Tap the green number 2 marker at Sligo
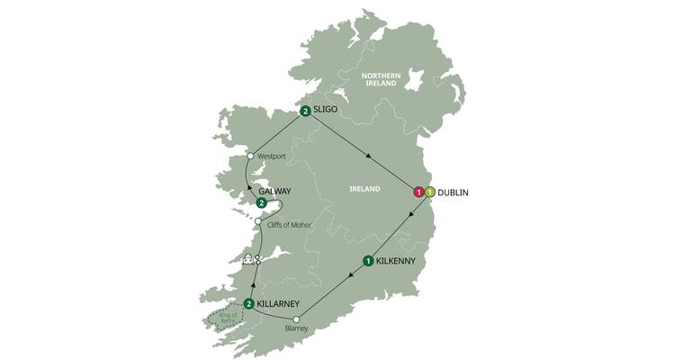click(x=306, y=112)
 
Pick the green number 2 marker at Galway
click(x=260, y=202)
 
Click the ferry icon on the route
click(x=250, y=259)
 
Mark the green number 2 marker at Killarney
click(x=248, y=303)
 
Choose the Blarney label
click(x=295, y=329)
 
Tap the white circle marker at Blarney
click(x=296, y=318)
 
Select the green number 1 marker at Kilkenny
click(x=368, y=262)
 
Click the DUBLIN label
click(x=456, y=192)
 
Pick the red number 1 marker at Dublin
click(x=418, y=192)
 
